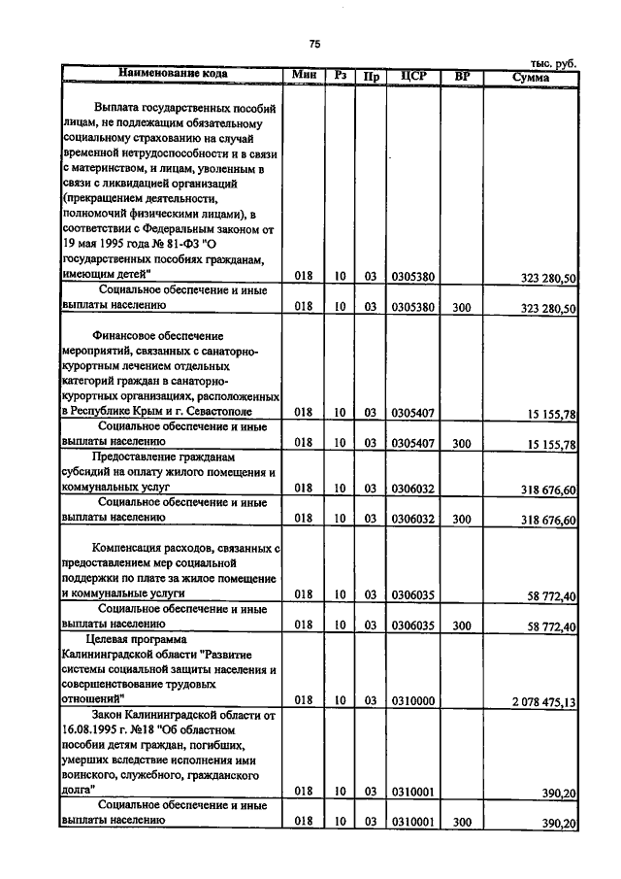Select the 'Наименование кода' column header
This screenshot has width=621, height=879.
(174, 74)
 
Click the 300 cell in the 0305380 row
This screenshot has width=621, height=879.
(462, 307)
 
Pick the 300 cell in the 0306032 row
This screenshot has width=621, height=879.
(462, 520)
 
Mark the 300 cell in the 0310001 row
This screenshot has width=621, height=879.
(462, 823)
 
